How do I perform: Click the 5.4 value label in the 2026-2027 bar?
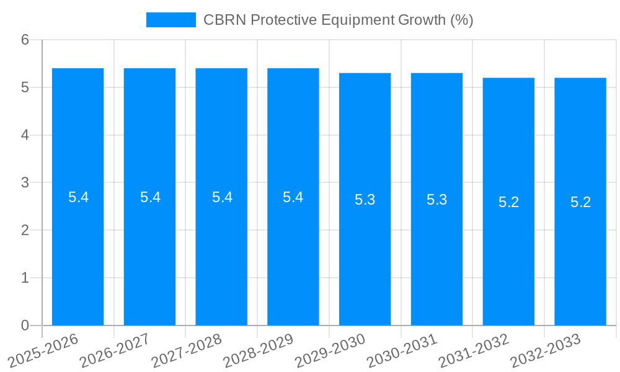pyautogui.click(x=150, y=197)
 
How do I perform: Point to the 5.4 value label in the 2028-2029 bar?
pyautogui.click(x=293, y=197)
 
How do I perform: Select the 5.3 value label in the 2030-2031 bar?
pyautogui.click(x=436, y=200)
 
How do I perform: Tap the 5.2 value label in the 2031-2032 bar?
pyautogui.click(x=508, y=202)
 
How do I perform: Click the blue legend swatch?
pyautogui.click(x=170, y=20)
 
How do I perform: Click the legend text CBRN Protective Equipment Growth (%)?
pyautogui.click(x=338, y=20)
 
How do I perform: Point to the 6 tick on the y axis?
pyautogui.click(x=25, y=40)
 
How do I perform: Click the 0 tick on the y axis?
pyautogui.click(x=25, y=325)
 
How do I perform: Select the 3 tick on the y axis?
pyautogui.click(x=25, y=183)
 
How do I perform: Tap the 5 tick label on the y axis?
pyautogui.click(x=25, y=87)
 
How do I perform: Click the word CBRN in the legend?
pyautogui.click(x=222, y=20)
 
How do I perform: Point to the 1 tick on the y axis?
pyautogui.click(x=25, y=278)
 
